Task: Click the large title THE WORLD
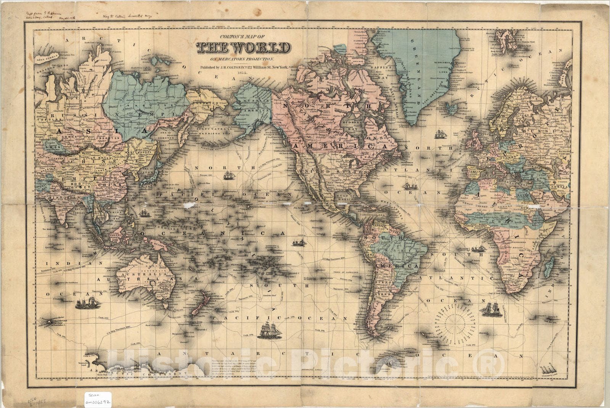click(242, 48)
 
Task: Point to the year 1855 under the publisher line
click(242, 72)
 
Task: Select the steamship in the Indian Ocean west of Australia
click(88, 303)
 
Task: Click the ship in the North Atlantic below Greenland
click(441, 134)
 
